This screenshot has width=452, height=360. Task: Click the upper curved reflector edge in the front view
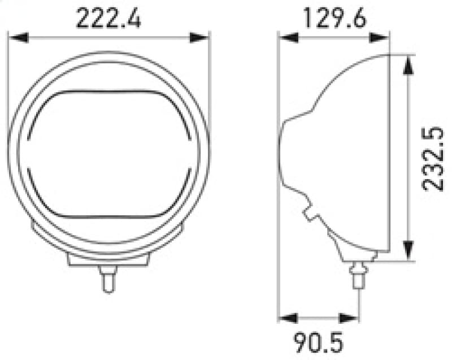[107, 92]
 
